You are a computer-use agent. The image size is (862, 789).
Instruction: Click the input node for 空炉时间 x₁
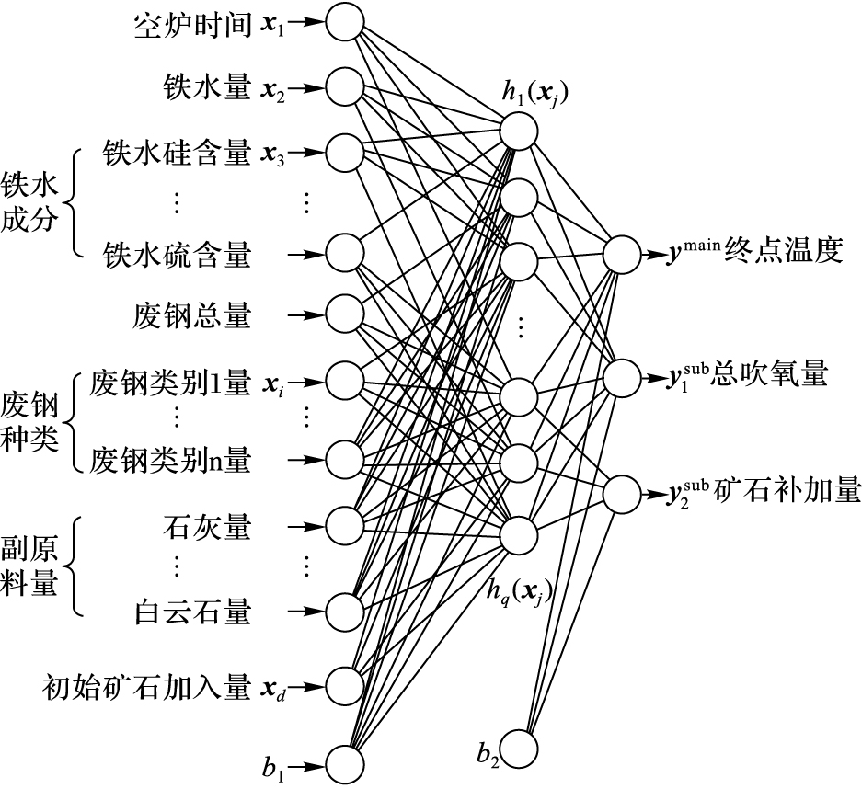(x=344, y=22)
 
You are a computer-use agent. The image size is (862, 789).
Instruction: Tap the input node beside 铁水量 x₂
(x=344, y=88)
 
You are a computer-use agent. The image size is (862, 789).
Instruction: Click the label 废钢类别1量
(x=169, y=382)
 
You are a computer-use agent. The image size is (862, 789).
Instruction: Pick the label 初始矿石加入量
(x=145, y=686)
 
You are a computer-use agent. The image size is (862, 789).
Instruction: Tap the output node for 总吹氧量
(x=621, y=375)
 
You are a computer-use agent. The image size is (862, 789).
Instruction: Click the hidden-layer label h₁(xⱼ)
(x=532, y=91)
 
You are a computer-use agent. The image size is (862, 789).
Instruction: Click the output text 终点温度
(x=783, y=251)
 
